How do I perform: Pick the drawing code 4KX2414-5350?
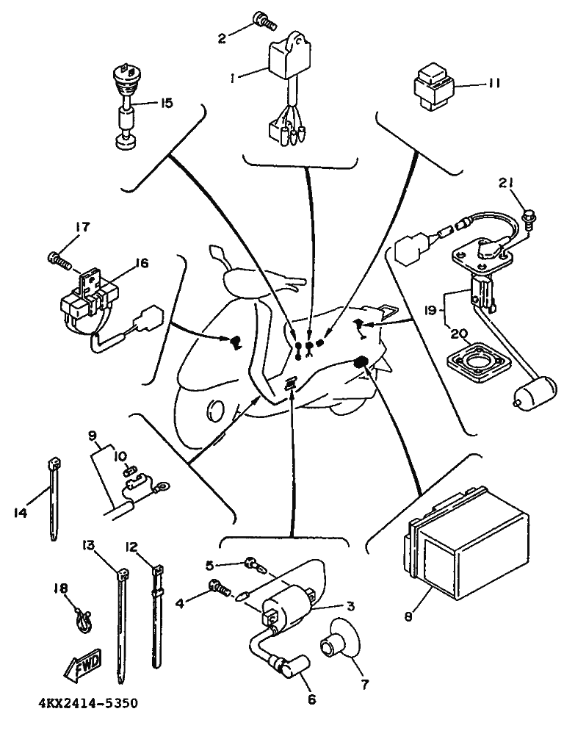(x=88, y=703)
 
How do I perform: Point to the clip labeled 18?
(x=83, y=619)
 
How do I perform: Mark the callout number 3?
(x=350, y=606)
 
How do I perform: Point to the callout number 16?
(x=141, y=262)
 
